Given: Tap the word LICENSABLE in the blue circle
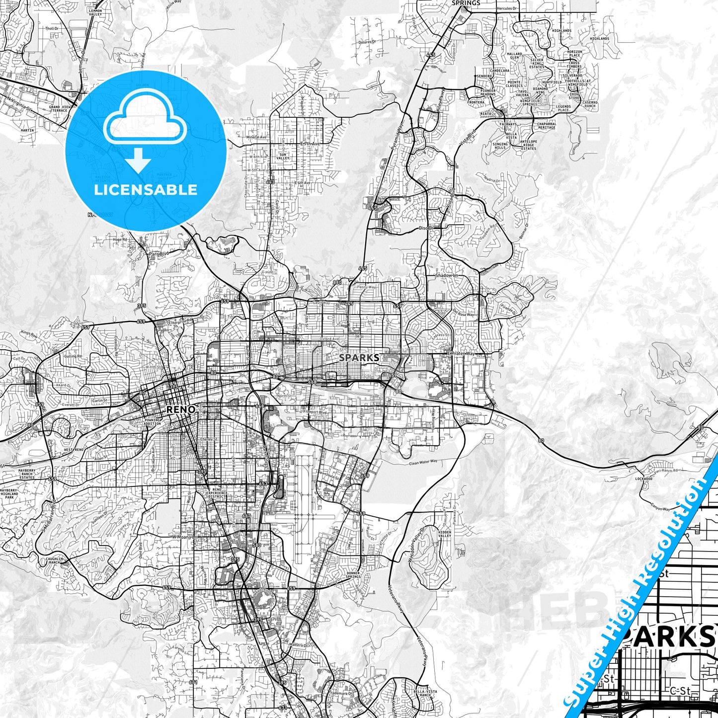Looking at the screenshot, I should click(146, 190).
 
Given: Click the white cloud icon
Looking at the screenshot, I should click(145, 119).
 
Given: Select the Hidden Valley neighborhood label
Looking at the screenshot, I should click(445, 534).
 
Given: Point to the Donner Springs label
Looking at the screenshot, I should click(353, 575).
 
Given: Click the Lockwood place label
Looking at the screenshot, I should click(643, 479).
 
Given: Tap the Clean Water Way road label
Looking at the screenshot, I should click(423, 462).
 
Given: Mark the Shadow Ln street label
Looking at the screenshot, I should click(446, 275).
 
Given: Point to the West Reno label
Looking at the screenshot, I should click(74, 450).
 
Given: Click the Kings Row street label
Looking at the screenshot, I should click(29, 334).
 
